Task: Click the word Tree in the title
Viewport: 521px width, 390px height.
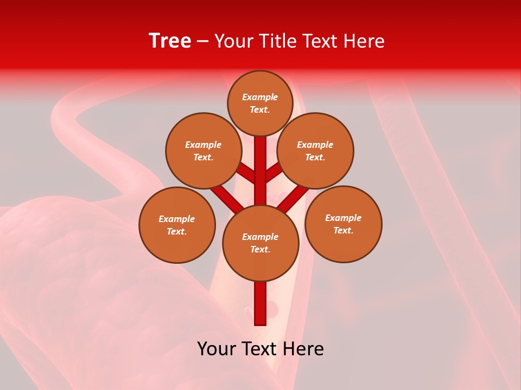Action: coord(170,41)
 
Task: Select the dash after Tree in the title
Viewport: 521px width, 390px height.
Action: coord(203,41)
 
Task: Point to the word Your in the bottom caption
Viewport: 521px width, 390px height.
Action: coord(217,349)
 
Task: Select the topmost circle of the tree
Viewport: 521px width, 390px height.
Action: coord(260,103)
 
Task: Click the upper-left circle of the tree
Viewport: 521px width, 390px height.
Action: coord(203,151)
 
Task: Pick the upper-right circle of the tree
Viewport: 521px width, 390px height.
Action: coord(315,151)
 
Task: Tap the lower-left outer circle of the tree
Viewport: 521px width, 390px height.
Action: coord(177,225)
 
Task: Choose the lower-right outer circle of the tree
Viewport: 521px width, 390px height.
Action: coord(343,224)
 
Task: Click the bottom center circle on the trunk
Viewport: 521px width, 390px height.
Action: coord(260,243)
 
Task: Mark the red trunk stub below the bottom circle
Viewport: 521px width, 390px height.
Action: coord(260,303)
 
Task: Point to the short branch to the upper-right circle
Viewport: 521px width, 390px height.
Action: coord(274,173)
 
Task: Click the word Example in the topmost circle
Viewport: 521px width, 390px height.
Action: coord(260,97)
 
